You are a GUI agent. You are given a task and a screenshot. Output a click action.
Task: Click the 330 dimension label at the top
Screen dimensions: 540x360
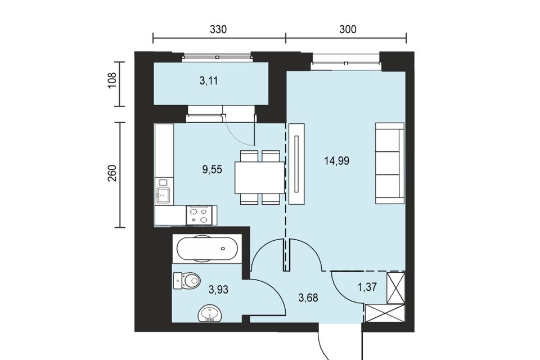pos(218,30)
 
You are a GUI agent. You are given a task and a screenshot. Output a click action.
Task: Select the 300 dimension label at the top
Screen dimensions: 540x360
pos(348,30)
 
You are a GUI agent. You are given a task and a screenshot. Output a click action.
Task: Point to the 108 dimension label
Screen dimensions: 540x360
pos(112,80)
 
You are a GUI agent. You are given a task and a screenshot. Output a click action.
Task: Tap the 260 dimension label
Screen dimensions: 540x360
pos(112,173)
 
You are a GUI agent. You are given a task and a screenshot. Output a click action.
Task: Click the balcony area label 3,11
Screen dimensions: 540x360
pos(209,81)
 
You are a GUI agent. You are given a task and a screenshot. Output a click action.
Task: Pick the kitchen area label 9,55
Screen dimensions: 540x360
pos(212,169)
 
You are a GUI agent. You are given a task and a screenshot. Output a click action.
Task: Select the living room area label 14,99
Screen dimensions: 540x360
pos(337,160)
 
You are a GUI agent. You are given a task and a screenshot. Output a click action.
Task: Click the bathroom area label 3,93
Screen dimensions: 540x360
pos(218,289)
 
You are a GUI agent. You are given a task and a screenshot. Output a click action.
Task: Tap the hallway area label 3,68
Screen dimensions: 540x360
pos(308,298)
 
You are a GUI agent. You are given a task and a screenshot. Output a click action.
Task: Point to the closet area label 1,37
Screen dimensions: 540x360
pos(367,287)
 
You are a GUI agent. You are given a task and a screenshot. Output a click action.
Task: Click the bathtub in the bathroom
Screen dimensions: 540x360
pos(206,249)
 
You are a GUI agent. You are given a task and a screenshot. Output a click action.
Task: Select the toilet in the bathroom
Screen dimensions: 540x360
pos(187,281)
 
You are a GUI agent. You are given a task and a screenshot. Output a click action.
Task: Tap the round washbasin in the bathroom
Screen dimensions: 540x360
pos(210,313)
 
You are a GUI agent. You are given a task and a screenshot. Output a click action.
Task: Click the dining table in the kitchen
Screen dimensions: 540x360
pos(260,177)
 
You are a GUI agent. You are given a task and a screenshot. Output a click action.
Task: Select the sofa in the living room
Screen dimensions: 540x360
pos(389,163)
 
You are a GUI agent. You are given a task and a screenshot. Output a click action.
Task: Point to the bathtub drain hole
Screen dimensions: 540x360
pos(223,249)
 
